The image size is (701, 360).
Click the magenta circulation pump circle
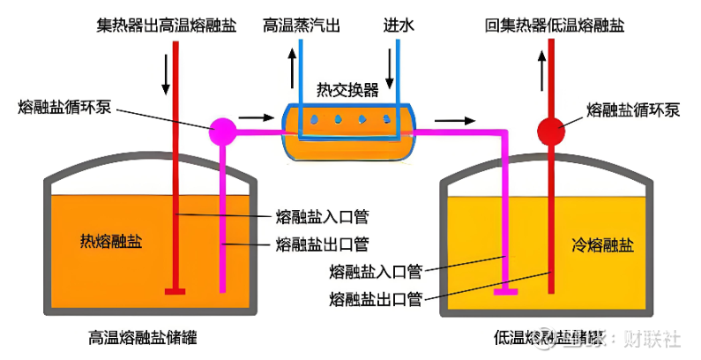point(223,131)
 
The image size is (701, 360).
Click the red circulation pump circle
point(552,131)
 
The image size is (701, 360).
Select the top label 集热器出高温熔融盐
point(167,26)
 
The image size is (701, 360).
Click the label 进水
point(399,26)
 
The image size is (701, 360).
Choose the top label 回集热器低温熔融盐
point(555,26)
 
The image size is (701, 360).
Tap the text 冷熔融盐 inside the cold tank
point(602,244)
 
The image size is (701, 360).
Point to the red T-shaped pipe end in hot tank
point(176,289)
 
